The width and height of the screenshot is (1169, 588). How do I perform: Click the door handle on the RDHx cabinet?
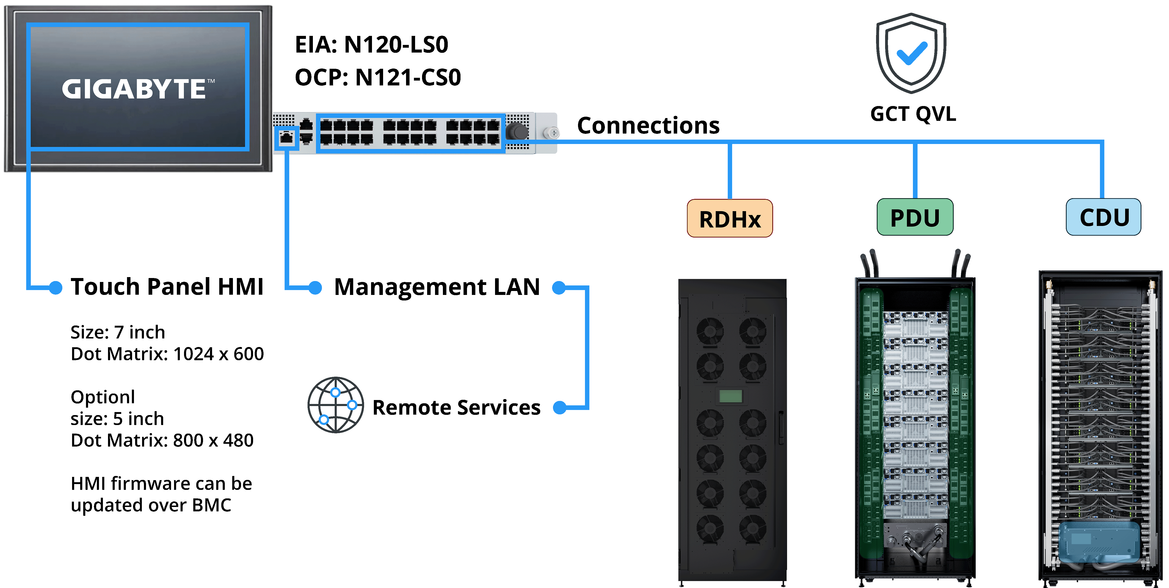tap(781, 427)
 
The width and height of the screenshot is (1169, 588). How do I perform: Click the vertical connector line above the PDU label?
tap(915, 170)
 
